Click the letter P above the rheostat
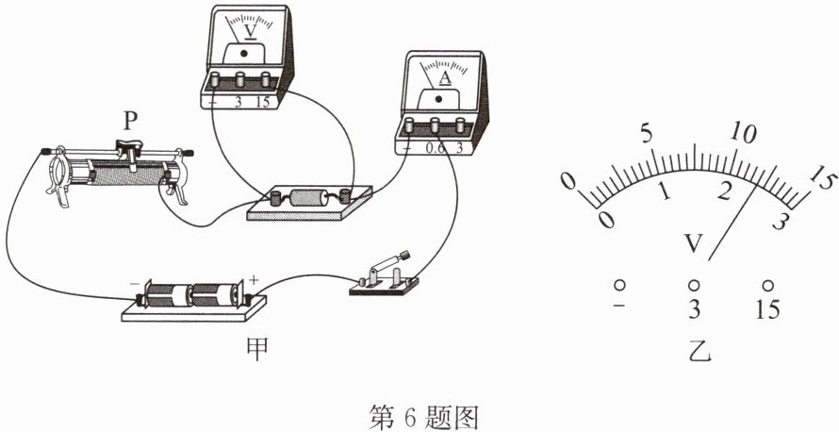pyautogui.click(x=129, y=121)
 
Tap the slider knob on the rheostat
pyautogui.click(x=130, y=145)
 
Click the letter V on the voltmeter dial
pyautogui.click(x=250, y=31)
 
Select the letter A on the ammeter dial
pyautogui.click(x=445, y=78)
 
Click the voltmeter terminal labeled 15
pyautogui.click(x=266, y=79)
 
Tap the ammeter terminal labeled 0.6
pyautogui.click(x=435, y=125)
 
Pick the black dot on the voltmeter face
pyautogui.click(x=244, y=53)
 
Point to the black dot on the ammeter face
pyautogui.click(x=439, y=99)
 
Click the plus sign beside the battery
pyautogui.click(x=253, y=279)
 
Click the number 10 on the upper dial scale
pyautogui.click(x=745, y=132)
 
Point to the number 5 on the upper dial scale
pyautogui.click(x=647, y=134)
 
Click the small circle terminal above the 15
pyautogui.click(x=768, y=285)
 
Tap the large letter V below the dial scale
pyautogui.click(x=694, y=244)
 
